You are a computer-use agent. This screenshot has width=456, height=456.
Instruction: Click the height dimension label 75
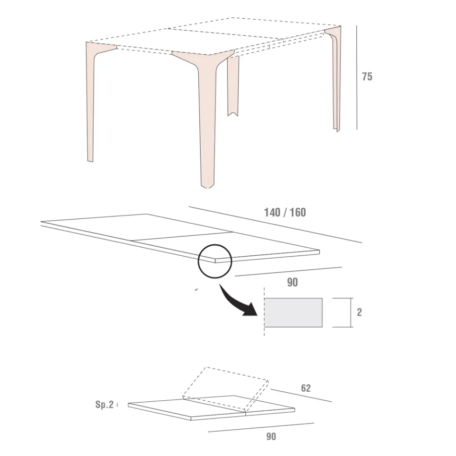click(367, 77)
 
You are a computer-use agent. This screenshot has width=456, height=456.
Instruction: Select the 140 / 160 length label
click(285, 212)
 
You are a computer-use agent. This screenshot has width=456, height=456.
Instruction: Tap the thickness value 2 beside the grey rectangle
click(360, 312)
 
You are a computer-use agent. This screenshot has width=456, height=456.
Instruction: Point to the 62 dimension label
click(305, 388)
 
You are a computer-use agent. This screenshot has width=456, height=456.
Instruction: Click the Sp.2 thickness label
click(104, 405)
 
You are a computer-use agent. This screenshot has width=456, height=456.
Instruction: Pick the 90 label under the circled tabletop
click(292, 282)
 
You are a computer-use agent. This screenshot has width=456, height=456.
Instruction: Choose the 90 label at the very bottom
click(271, 436)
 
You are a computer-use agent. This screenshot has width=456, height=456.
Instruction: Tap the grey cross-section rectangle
click(293, 312)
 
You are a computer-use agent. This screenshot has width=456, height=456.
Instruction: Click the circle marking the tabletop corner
click(215, 261)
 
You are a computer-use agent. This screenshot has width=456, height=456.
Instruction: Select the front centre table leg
click(206, 120)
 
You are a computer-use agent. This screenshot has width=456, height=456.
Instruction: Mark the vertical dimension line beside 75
click(357, 77)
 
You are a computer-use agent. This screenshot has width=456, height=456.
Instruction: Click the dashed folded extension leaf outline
click(226, 384)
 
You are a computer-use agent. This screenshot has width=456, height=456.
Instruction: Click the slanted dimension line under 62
click(301, 393)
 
